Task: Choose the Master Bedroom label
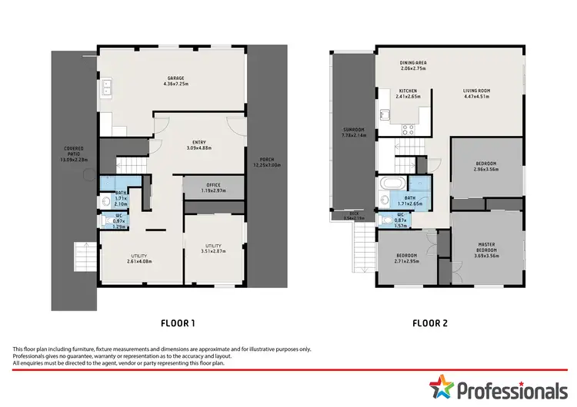tap(485, 248)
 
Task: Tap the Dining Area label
tap(413, 65)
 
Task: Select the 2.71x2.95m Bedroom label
tap(406, 258)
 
